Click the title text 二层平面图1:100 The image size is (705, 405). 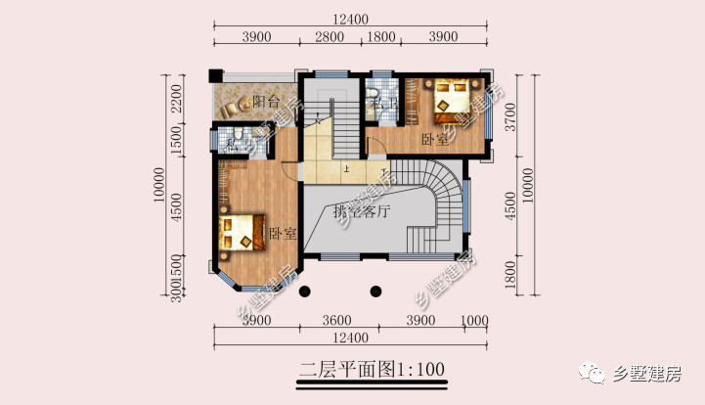(372, 369)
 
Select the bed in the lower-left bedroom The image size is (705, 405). (242, 232)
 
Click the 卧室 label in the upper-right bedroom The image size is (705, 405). (435, 139)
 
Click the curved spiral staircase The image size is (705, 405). (440, 201)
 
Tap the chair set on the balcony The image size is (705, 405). (234, 105)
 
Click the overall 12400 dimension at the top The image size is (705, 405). (349, 18)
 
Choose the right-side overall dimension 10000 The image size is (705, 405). (529, 182)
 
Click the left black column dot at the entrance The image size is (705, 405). (303, 290)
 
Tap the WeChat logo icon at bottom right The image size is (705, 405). (594, 373)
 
